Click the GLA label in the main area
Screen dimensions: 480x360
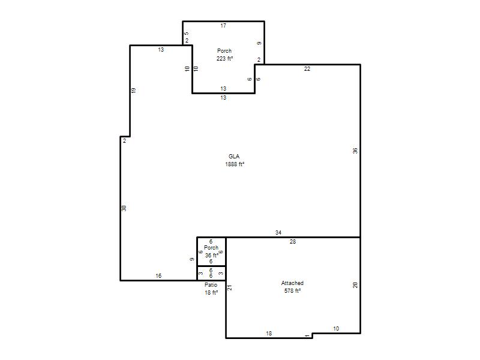(x=234, y=157)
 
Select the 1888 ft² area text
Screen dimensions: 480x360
(x=235, y=164)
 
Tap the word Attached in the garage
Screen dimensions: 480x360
(x=292, y=283)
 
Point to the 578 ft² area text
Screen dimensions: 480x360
(x=292, y=291)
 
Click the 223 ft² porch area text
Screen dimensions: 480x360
(x=224, y=58)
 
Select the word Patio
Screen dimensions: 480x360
(x=211, y=285)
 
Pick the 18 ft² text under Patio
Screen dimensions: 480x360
(x=211, y=293)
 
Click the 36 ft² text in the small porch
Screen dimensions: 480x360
(x=212, y=256)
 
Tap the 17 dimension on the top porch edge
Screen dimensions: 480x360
(x=223, y=26)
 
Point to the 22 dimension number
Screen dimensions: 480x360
(x=307, y=69)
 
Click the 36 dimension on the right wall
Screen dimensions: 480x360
(x=355, y=151)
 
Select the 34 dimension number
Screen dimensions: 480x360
(x=278, y=233)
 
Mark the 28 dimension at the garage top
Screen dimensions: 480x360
(x=293, y=242)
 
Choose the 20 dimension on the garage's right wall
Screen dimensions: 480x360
(x=355, y=286)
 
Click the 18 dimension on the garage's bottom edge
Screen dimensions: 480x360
(x=269, y=334)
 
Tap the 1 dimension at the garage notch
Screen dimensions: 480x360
(x=307, y=336)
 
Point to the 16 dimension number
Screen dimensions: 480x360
(x=158, y=276)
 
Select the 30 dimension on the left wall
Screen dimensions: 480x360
(x=124, y=208)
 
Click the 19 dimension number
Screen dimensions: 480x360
(x=133, y=91)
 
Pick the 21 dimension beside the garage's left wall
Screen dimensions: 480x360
(x=230, y=288)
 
